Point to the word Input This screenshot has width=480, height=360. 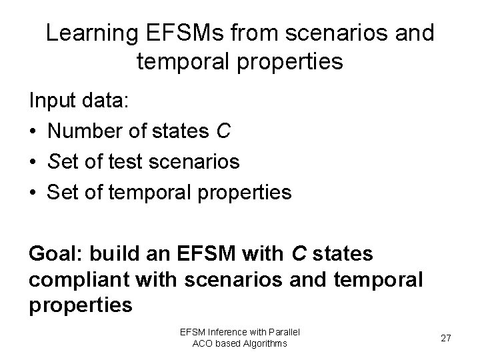tap(53, 102)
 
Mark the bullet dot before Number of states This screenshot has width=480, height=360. tap(33, 132)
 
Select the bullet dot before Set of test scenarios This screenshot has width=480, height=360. tap(33, 162)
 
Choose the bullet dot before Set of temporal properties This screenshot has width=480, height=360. tap(33, 193)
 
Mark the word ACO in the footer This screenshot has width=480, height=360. tap(203, 343)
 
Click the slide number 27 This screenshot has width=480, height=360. tap(446, 338)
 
